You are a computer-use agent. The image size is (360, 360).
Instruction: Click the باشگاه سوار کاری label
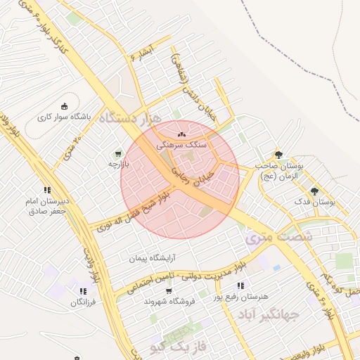tap(68, 117)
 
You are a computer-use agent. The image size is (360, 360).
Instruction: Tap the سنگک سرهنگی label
tap(184, 143)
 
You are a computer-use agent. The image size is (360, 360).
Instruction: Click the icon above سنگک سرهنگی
tap(183, 132)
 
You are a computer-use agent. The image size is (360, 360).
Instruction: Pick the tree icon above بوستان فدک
tap(314, 191)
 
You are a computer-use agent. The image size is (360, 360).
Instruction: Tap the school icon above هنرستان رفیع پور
tap(241, 285)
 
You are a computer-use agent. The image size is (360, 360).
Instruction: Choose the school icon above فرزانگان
tap(83, 290)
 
